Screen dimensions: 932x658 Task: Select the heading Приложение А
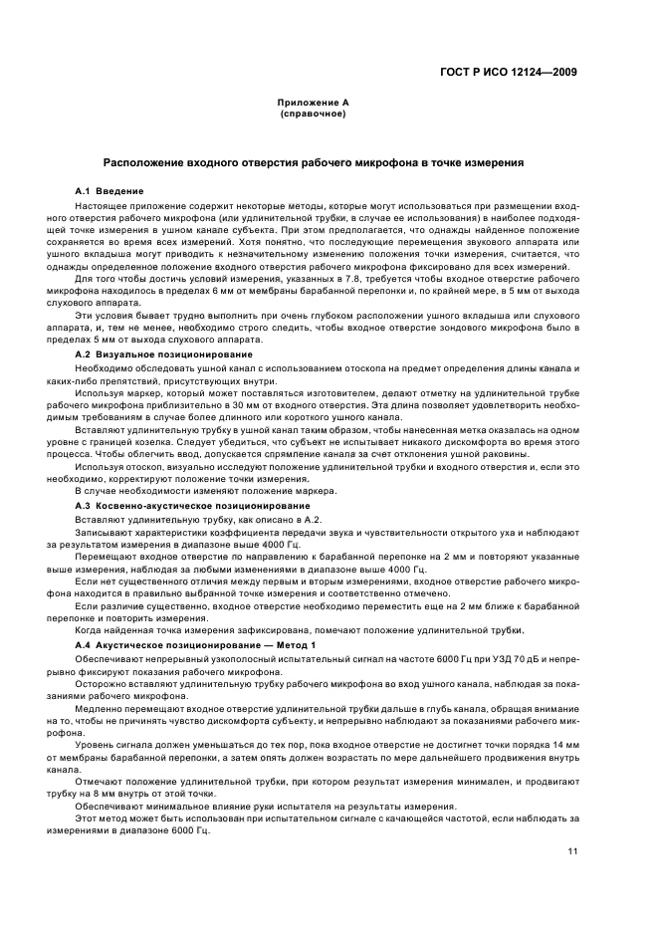(x=313, y=104)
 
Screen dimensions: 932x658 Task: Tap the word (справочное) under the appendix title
(x=313, y=114)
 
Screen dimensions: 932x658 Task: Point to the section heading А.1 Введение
(x=110, y=190)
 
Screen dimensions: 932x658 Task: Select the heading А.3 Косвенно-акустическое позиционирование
(x=179, y=506)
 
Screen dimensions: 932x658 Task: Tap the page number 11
(x=572, y=851)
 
